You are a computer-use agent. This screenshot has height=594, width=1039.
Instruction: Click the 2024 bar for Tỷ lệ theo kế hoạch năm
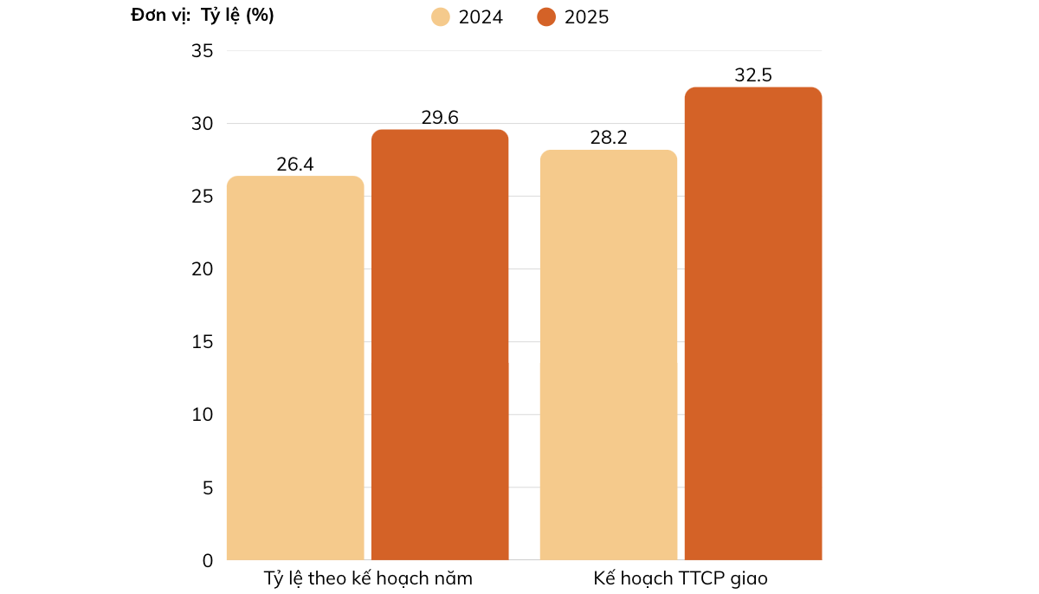tap(295, 368)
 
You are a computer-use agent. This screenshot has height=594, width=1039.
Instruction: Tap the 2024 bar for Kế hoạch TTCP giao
tap(609, 355)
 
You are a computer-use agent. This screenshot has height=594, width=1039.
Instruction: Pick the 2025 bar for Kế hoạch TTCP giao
tap(753, 324)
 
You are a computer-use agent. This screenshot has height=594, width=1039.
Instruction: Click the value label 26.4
tap(295, 165)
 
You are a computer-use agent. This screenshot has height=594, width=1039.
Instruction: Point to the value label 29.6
tap(440, 118)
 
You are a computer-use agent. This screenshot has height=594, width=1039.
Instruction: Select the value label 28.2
tap(609, 139)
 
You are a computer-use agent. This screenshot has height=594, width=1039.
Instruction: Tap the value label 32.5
tap(753, 75)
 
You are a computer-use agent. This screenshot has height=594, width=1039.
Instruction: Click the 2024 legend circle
tap(441, 17)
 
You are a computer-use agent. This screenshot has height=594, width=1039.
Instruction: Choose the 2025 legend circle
tap(546, 17)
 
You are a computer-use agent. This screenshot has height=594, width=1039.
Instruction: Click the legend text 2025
tap(586, 17)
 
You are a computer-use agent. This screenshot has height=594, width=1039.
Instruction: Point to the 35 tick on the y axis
tap(202, 51)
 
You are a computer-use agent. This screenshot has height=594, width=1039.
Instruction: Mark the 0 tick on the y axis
tap(207, 561)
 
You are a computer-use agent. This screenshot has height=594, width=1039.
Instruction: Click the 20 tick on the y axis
tap(202, 269)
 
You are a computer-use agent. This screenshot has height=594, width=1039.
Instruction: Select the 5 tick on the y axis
tap(207, 488)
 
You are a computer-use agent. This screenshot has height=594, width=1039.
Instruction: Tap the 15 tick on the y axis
tap(202, 342)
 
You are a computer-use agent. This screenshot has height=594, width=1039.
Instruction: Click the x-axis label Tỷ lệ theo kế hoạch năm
tap(368, 578)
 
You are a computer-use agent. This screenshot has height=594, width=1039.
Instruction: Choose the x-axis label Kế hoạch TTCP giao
tap(681, 578)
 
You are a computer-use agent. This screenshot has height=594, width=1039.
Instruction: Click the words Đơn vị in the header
tap(160, 16)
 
